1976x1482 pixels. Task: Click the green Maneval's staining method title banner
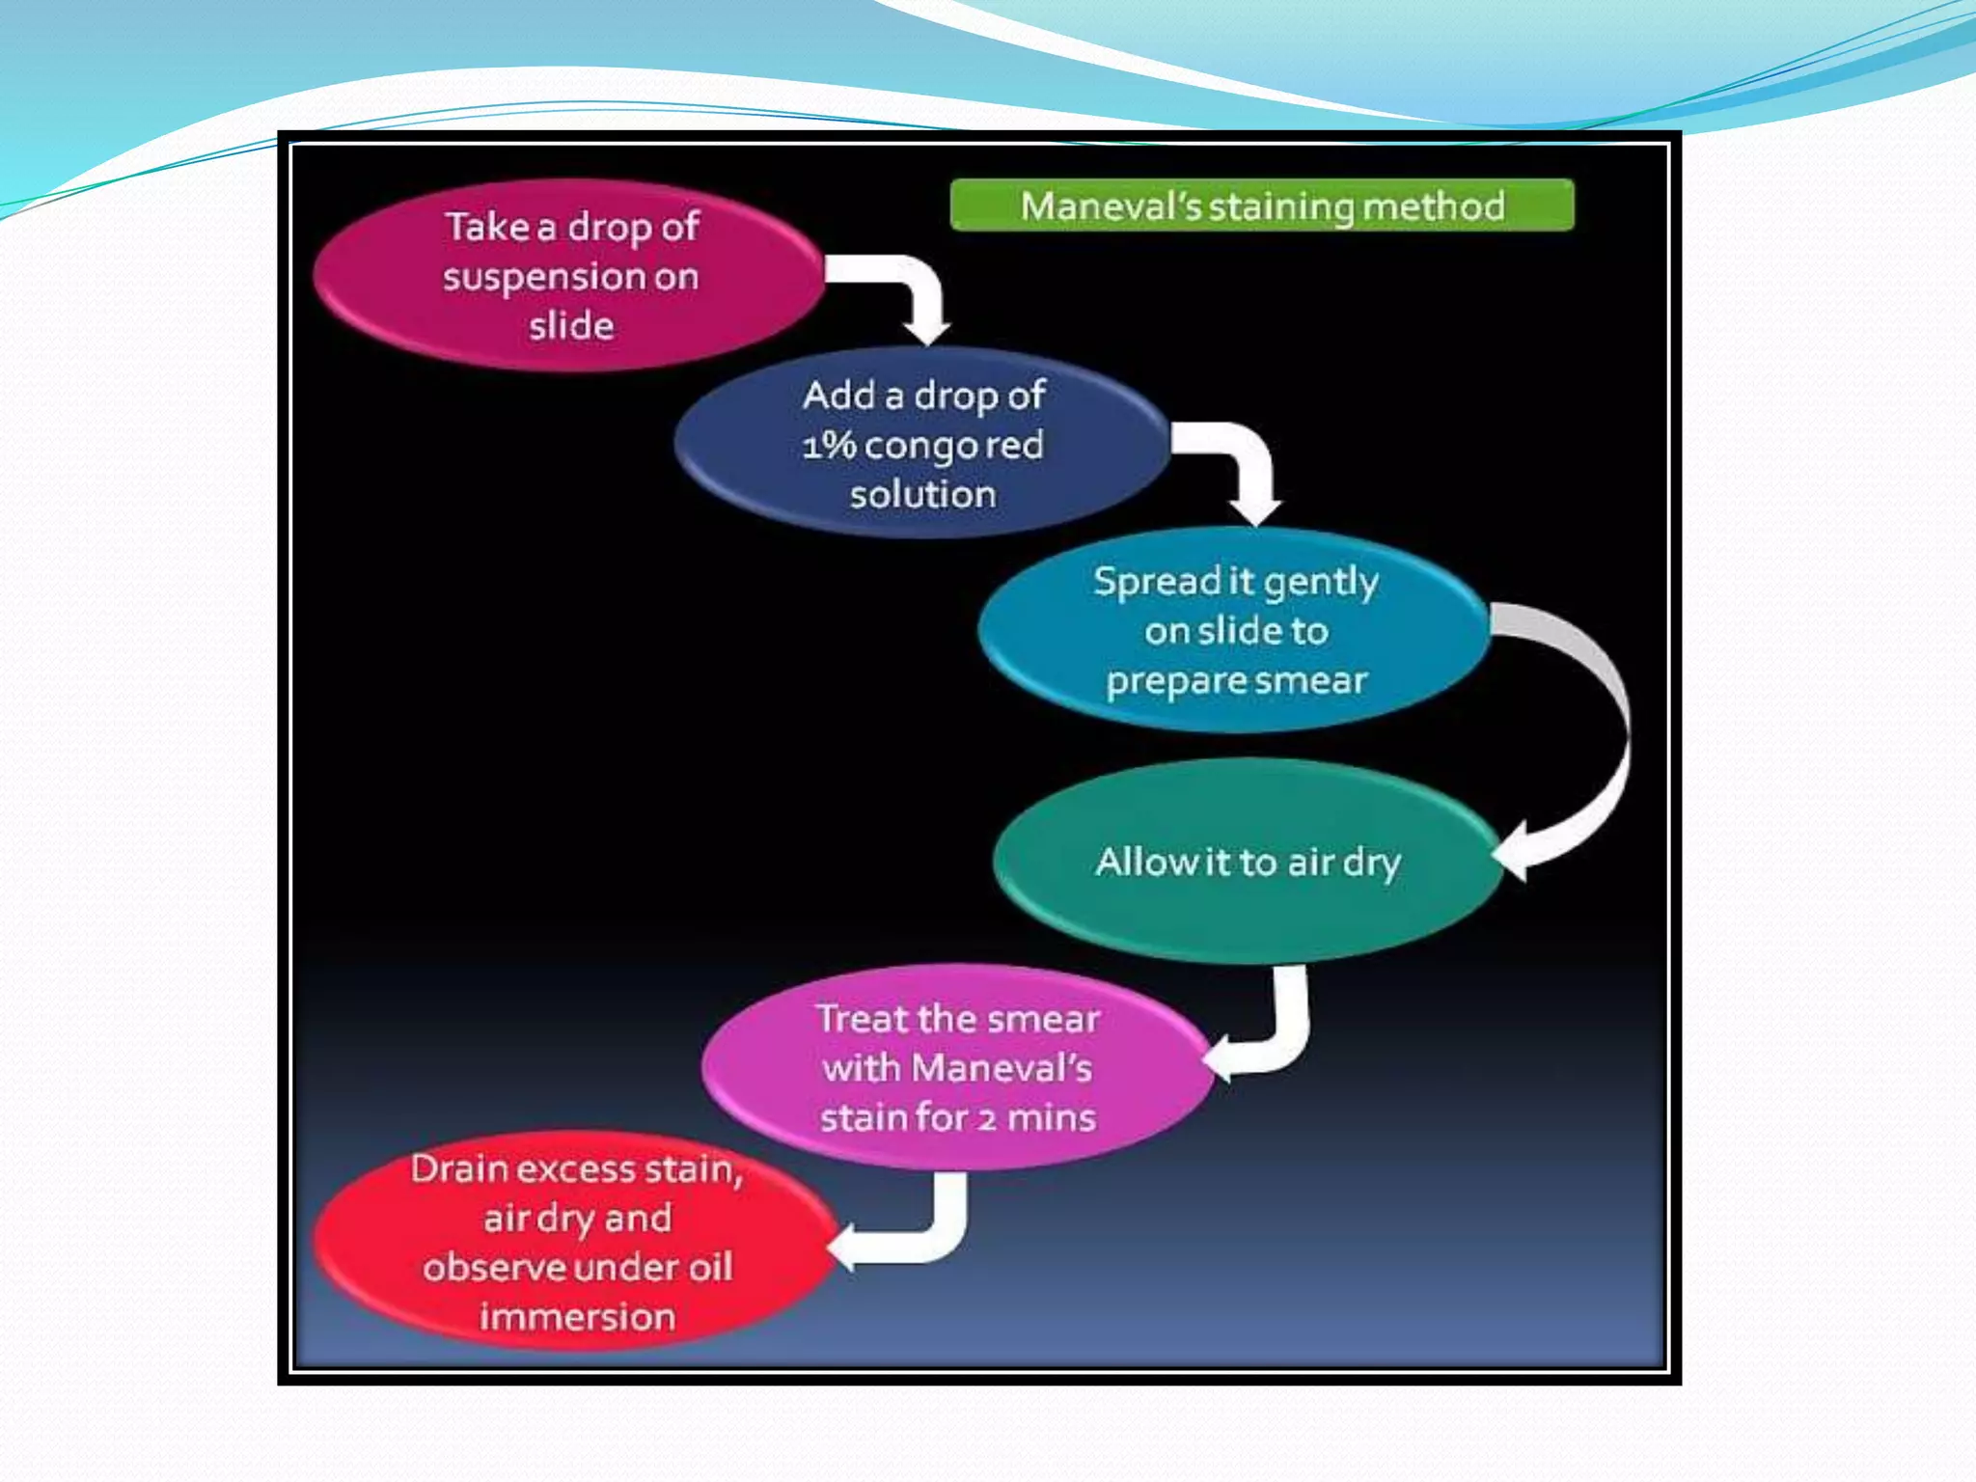click(1261, 206)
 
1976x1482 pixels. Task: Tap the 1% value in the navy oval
click(829, 446)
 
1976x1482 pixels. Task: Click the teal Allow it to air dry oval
click(1247, 862)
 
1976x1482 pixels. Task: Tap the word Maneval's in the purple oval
click(1002, 1069)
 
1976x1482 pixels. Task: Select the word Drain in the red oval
click(459, 1169)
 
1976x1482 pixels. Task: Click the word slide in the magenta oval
click(571, 326)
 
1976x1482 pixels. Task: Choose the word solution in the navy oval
click(922, 495)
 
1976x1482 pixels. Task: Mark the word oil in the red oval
click(708, 1268)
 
